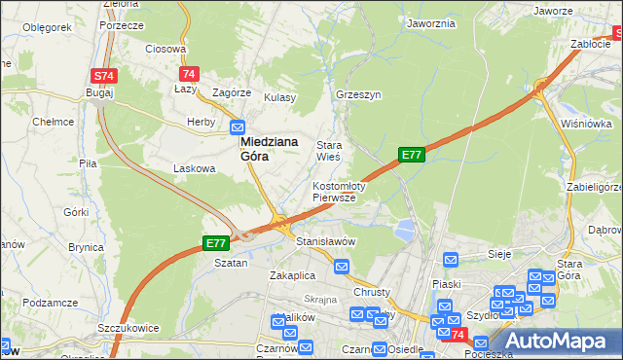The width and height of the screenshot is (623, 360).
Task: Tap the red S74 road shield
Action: [103, 75]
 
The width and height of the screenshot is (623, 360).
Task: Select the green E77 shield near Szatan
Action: [215, 243]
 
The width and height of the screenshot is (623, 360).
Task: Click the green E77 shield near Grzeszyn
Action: [411, 155]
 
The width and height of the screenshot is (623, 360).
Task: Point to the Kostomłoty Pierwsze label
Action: [338, 191]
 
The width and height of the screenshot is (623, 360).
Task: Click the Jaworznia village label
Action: [432, 22]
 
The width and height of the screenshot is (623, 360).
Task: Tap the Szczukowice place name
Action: [128, 329]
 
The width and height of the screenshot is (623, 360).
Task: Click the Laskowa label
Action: [194, 168]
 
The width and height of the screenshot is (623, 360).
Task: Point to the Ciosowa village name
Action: [165, 48]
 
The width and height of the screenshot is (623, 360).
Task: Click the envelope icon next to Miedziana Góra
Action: [238, 126]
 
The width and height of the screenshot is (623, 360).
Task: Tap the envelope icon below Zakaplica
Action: [342, 266]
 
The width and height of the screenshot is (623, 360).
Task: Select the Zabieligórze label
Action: [592, 188]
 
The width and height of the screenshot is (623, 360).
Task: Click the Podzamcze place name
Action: [49, 303]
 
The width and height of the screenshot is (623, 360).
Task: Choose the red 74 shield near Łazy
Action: [189, 74]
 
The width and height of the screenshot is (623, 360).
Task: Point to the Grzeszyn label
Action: [357, 96]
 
